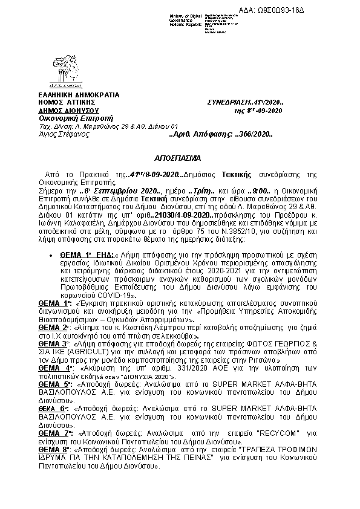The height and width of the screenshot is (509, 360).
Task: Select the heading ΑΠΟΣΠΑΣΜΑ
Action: point(180,156)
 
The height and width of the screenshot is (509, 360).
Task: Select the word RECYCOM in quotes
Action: point(258,434)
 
